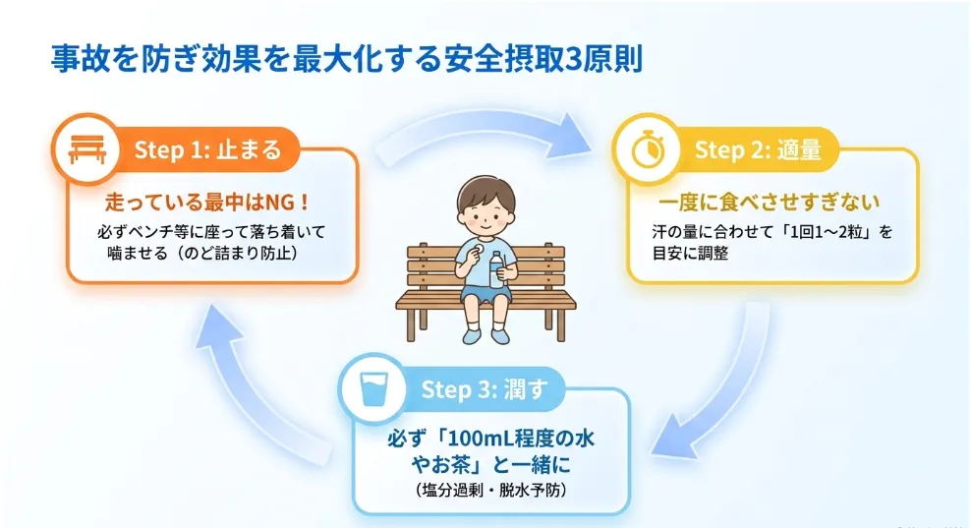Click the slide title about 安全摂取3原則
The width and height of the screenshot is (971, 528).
(347, 59)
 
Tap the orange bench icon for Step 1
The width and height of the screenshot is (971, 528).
(87, 149)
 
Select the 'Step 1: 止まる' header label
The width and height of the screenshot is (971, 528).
(208, 150)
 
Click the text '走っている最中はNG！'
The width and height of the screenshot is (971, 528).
(207, 202)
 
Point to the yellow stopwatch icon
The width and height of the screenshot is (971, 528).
(648, 149)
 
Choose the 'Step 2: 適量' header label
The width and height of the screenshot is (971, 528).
(758, 150)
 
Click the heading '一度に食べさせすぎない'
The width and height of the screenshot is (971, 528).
(769, 202)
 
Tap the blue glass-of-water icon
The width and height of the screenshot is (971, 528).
(373, 388)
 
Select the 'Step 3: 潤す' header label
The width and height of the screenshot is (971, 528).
(485, 389)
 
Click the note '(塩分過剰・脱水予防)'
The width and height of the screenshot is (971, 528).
(491, 491)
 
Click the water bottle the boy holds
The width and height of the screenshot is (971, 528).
(496, 269)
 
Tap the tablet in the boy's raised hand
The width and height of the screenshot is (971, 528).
(477, 249)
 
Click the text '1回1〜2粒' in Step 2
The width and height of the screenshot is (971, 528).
(825, 232)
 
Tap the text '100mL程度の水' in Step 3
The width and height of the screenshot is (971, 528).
(521, 439)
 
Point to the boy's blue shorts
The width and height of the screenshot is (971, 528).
(485, 292)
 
